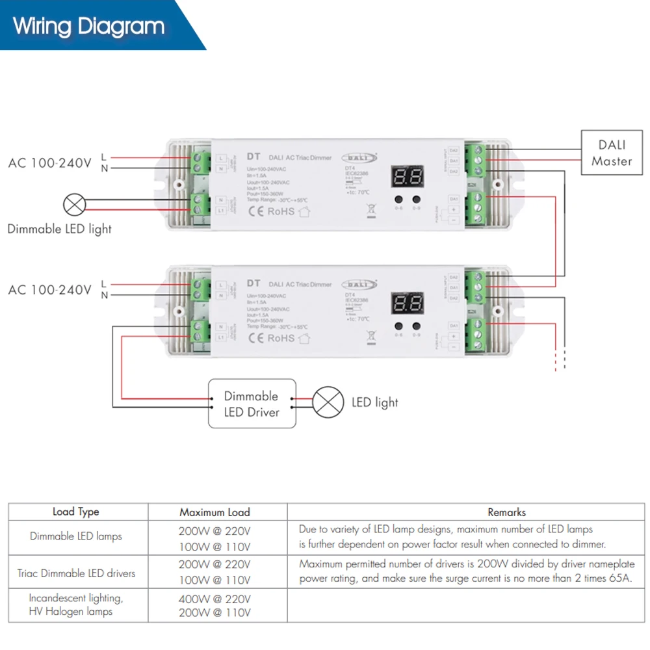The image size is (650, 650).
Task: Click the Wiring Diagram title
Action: pyautogui.click(x=89, y=27)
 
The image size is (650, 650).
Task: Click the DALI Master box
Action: pyautogui.click(x=611, y=153)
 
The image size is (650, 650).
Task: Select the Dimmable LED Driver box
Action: pyautogui.click(x=252, y=404)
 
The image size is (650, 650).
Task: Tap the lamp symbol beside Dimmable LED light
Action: pyautogui.click(x=74, y=205)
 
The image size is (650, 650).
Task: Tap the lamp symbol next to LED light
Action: pyautogui.click(x=328, y=402)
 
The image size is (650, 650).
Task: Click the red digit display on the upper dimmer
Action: pyautogui.click(x=407, y=176)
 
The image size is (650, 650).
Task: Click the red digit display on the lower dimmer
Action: pyautogui.click(x=407, y=303)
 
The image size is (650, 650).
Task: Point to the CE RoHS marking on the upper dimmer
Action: pyautogui.click(x=272, y=211)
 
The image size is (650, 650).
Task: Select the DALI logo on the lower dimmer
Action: pyautogui.click(x=359, y=284)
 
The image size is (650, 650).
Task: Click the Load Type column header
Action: pyautogui.click(x=76, y=512)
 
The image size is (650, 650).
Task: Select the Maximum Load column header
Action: pyautogui.click(x=214, y=512)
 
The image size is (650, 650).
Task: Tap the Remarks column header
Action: pyautogui.click(x=506, y=512)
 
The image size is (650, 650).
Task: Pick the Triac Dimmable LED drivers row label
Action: pyautogui.click(x=76, y=573)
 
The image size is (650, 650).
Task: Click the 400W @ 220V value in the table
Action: pyautogui.click(x=214, y=598)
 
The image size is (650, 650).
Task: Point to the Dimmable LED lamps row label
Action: pyautogui.click(x=76, y=536)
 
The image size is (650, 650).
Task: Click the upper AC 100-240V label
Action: pyautogui.click(x=49, y=163)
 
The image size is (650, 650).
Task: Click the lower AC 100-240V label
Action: pyautogui.click(x=49, y=290)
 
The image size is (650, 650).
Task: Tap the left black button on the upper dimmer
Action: pyautogui.click(x=398, y=200)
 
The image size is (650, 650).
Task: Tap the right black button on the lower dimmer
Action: pyautogui.click(x=416, y=326)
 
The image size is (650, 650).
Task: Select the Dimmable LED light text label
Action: pyautogui.click(x=59, y=229)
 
